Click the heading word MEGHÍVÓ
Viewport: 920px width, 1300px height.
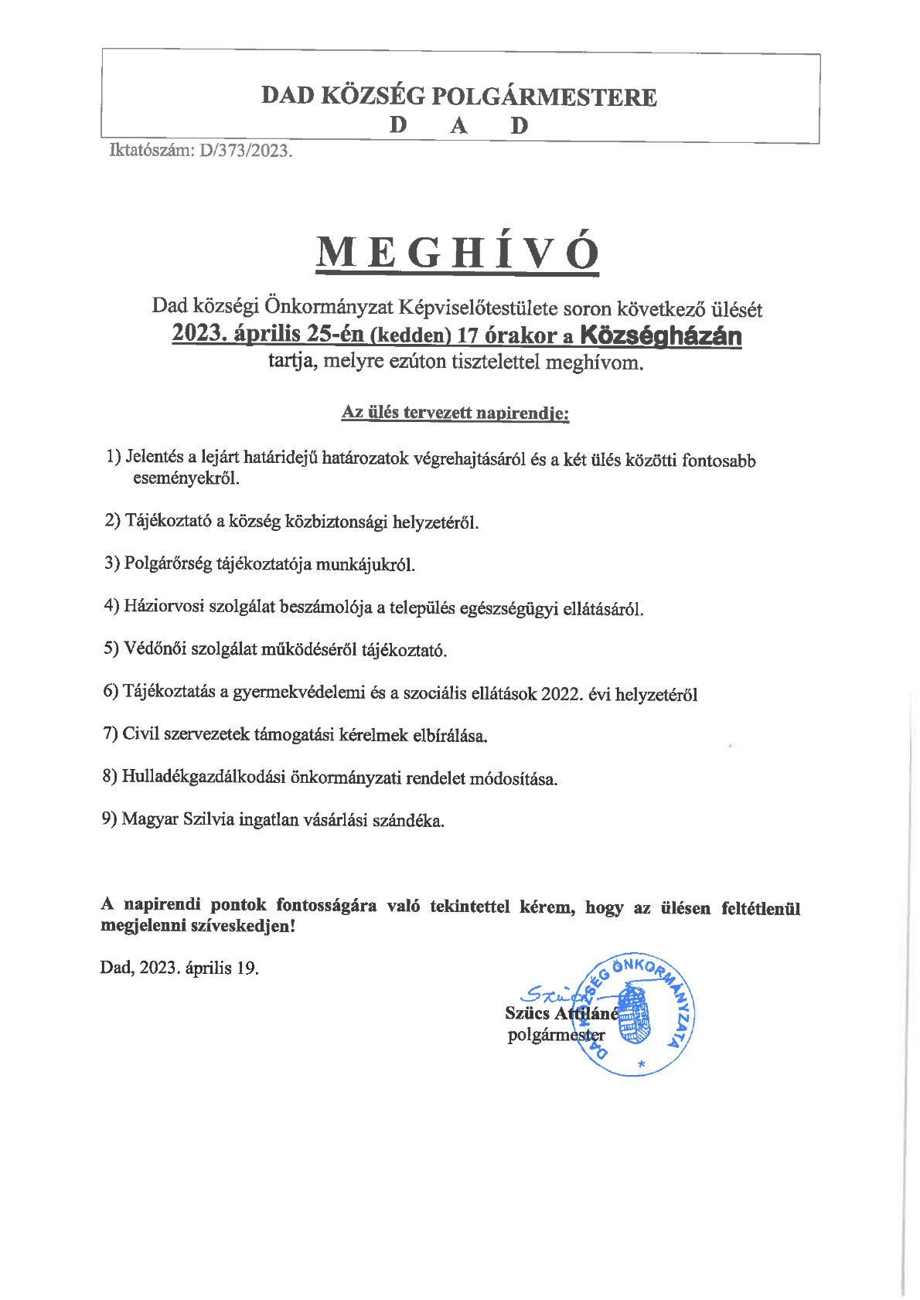pos(458,253)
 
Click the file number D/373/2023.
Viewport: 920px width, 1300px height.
pos(246,151)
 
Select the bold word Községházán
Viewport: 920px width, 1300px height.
pos(660,336)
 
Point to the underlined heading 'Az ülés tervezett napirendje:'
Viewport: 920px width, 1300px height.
pos(455,413)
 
